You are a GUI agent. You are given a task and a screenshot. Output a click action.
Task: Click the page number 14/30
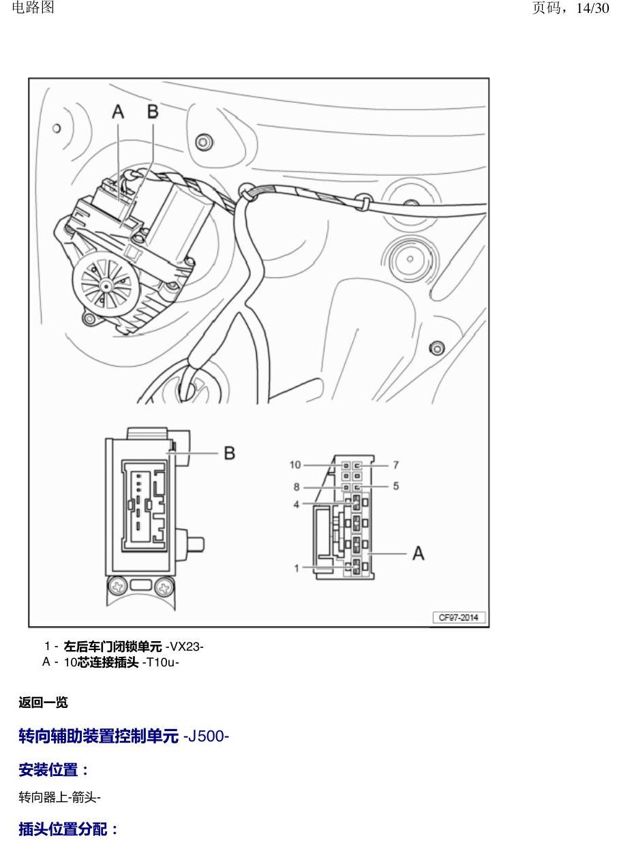pos(592,8)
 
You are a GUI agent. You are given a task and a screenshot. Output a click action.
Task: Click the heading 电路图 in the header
pos(33,7)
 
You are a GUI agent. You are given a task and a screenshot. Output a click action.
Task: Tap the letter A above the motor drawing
pos(118,112)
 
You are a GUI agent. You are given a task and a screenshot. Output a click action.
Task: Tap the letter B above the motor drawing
pos(153,112)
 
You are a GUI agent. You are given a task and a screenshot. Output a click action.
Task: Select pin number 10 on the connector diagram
pos(295,465)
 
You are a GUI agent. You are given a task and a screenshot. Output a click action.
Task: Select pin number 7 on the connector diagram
pos(395,465)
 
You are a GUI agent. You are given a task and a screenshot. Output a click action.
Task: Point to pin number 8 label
pos(297,487)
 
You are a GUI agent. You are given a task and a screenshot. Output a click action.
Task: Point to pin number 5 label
pos(396,486)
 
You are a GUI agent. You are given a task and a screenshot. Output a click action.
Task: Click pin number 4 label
pos(297,504)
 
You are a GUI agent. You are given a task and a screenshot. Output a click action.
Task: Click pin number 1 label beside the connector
pos(297,568)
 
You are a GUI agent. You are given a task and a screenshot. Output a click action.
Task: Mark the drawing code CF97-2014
pos(458,617)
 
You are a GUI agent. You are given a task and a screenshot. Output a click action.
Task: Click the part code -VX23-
pos(184,646)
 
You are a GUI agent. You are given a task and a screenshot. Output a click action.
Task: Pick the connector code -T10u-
pos(160,662)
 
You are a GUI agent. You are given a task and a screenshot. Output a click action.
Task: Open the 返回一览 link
pos(43,703)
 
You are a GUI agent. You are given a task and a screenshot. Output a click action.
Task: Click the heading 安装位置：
pos(53,770)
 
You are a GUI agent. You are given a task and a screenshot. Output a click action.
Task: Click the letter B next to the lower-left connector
pos(230,453)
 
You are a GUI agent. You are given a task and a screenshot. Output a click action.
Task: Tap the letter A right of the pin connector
pos(418,553)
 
